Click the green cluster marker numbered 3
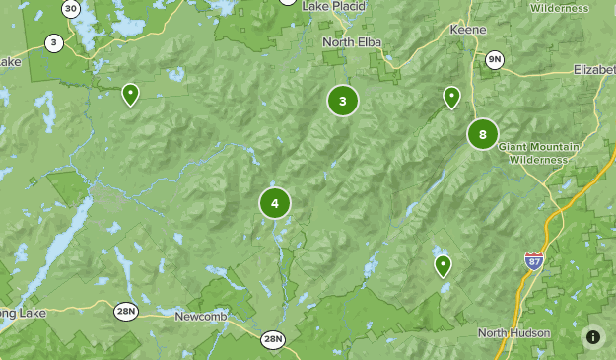[x=342, y=101]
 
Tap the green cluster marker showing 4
[x=275, y=203]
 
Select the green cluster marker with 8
[x=482, y=134]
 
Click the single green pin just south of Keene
[x=451, y=97]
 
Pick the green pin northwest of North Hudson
[x=443, y=265]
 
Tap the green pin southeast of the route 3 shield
[x=129, y=94]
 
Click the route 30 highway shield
[x=70, y=8]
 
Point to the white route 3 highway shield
[x=53, y=43]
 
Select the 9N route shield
[x=495, y=60]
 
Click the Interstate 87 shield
[x=533, y=261]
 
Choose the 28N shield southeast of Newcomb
[x=273, y=339]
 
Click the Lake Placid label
[x=333, y=6]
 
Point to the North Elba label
[x=352, y=42]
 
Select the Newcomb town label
[x=202, y=317]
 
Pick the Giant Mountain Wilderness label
[x=539, y=153]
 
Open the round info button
[x=593, y=337]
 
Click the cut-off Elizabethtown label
[x=594, y=70]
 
